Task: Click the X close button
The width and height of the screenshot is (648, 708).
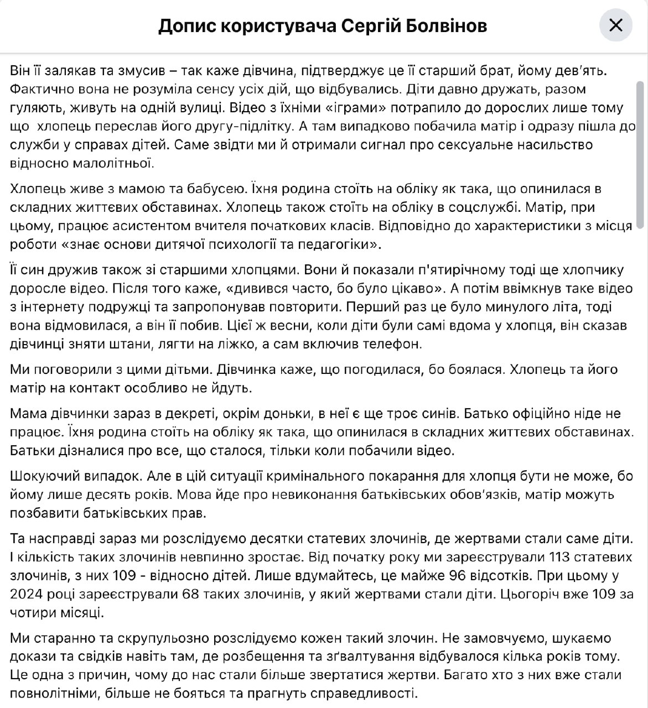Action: click(615, 25)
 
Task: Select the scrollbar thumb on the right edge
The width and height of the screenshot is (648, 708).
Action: click(640, 155)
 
